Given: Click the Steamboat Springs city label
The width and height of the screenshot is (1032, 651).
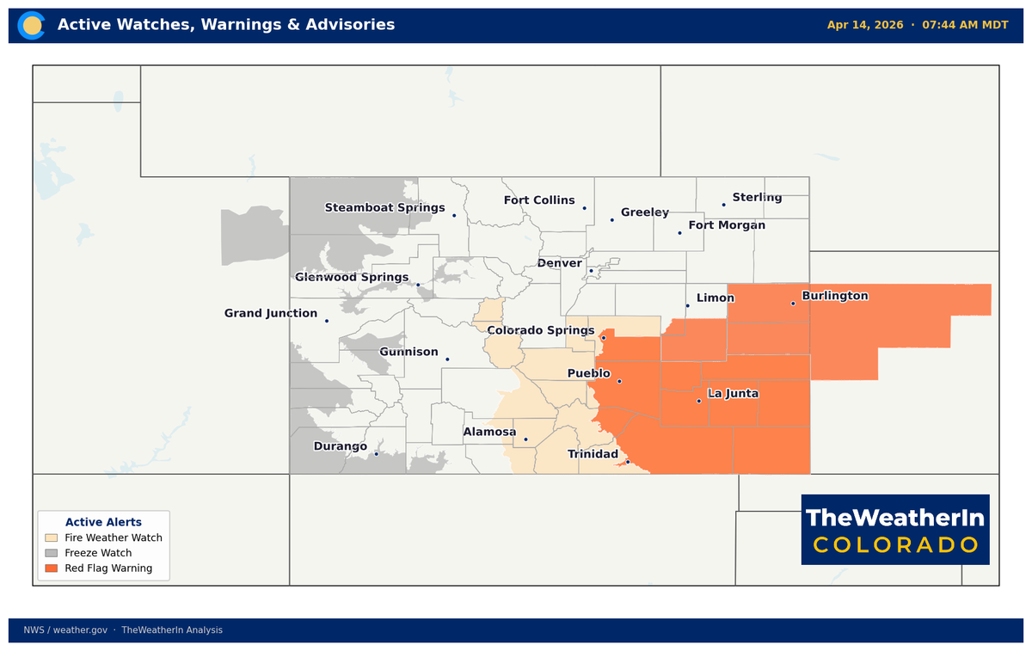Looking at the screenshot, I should coord(384,208).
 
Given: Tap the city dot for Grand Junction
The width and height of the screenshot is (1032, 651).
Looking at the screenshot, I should coord(327,321).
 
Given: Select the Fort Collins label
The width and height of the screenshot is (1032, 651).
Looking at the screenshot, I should coord(539,200).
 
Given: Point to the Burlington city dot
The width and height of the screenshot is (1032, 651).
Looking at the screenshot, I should coord(793,303).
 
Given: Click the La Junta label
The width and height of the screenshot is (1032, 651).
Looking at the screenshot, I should coord(733,394).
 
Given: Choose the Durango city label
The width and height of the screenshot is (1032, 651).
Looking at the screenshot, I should coord(340,447).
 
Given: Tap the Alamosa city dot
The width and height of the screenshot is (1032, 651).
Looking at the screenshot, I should coord(525,439).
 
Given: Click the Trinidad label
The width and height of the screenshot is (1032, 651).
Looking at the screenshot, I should coord(593,454).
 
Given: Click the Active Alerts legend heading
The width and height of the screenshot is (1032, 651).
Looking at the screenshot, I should coord(103,522).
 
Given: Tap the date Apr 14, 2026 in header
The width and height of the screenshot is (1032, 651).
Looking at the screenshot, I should coord(865,25).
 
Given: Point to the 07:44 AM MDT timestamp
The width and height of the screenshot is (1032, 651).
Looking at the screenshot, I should coord(965,25).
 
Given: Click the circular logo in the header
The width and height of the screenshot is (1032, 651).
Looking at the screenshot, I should coord(33,25).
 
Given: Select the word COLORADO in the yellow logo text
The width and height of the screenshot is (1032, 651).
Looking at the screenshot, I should coord(895,545).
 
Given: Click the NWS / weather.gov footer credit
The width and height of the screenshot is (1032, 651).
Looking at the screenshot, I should coord(65,630).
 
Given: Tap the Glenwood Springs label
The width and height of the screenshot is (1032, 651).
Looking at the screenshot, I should coord(352,277).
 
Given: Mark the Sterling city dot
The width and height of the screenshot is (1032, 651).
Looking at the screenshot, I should coord(723,205).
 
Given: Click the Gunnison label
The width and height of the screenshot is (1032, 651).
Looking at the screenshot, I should coord(408,353).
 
